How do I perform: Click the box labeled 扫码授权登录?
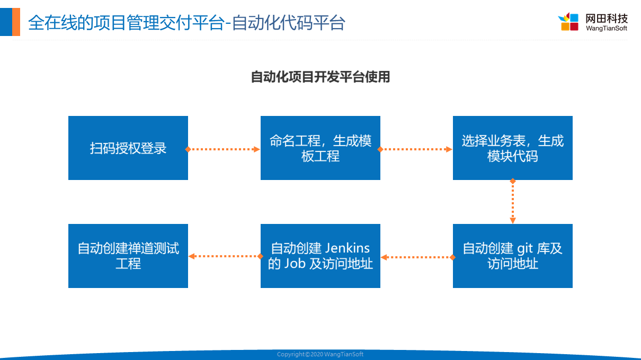128,148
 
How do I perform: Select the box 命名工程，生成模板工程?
320,148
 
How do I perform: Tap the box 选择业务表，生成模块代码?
512,148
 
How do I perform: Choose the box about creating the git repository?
512,256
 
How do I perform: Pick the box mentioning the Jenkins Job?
320,256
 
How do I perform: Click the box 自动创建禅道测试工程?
128,256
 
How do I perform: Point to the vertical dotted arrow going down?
513,201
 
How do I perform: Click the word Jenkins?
347,248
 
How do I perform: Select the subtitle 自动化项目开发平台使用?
320,77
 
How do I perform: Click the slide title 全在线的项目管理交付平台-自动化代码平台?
186,23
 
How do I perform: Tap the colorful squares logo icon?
568,22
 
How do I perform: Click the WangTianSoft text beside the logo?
607,28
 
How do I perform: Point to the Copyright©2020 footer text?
320,354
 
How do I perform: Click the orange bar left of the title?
16,22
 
